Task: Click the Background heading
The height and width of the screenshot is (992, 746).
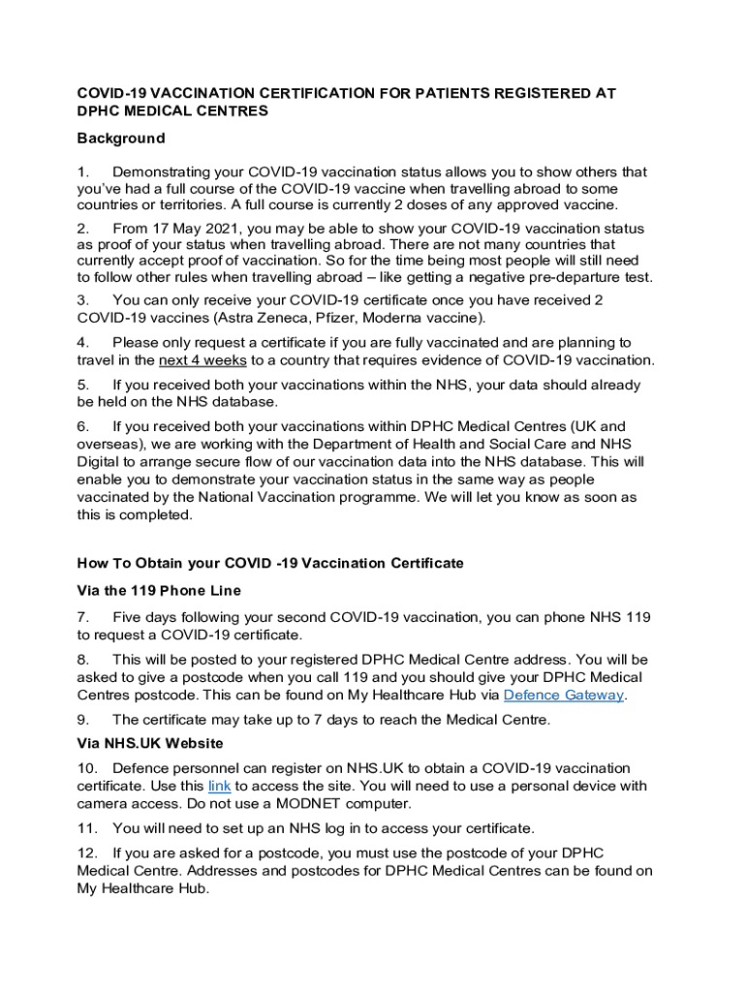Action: [121, 139]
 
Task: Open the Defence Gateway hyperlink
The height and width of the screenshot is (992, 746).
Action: [564, 695]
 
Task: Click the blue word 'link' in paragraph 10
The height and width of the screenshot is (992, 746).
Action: [219, 787]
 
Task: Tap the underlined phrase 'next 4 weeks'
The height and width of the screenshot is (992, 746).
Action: [202, 360]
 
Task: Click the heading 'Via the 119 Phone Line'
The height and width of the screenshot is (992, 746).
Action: [159, 590]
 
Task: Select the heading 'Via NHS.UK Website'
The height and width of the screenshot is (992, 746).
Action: [150, 743]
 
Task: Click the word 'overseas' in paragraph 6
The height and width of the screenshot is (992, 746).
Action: [109, 445]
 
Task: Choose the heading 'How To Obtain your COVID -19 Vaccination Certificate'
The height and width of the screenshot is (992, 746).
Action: [270, 563]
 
